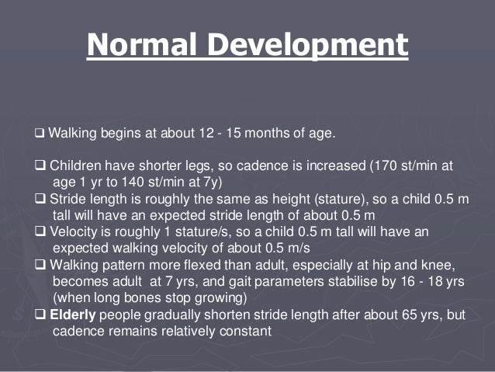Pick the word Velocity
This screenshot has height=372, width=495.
coord(74,231)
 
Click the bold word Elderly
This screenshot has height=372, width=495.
coord(71,315)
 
